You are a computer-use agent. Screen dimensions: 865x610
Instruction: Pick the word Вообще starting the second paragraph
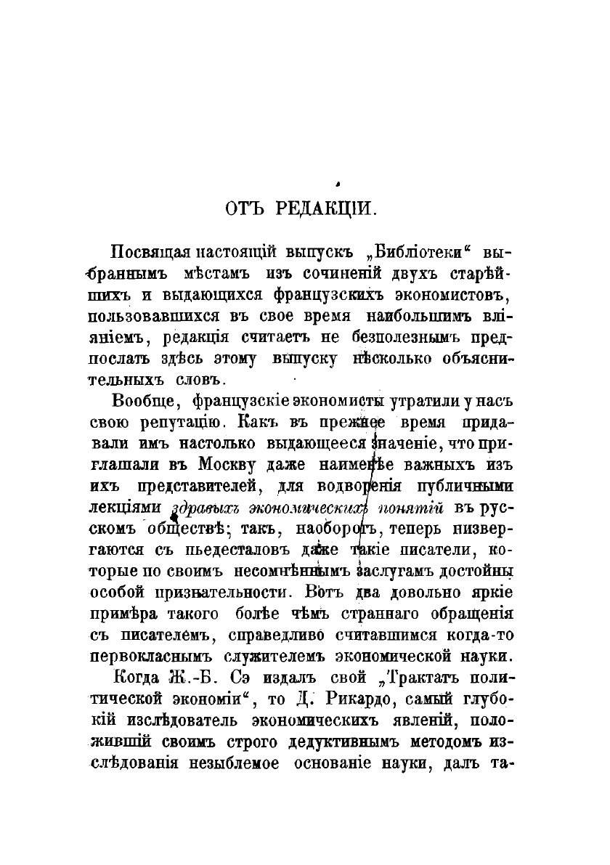coord(145,402)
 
